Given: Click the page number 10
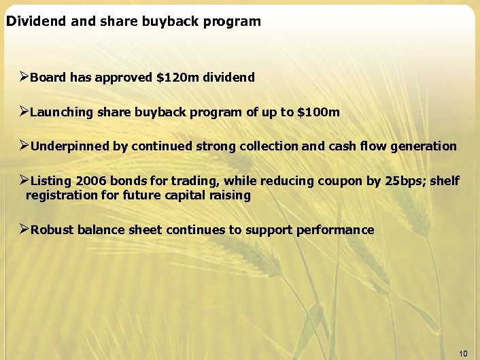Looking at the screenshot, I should (x=464, y=353).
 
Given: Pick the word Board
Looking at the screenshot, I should (x=48, y=78).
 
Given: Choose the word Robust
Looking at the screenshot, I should (x=52, y=230).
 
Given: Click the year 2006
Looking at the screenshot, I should (x=90, y=181).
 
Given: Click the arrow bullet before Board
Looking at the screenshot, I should (x=24, y=77).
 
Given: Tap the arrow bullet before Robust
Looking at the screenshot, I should (x=24, y=229).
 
